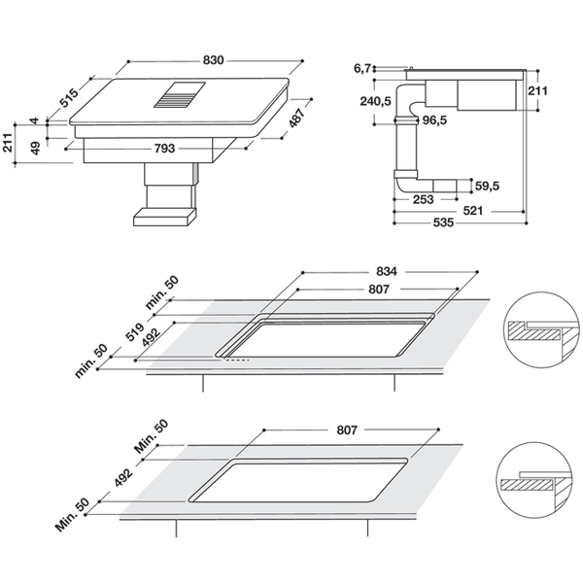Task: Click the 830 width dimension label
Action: pyautogui.click(x=213, y=60)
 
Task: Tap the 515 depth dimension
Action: pyautogui.click(x=70, y=98)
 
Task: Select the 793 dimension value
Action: pyautogui.click(x=164, y=149)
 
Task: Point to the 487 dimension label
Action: pyautogui.click(x=297, y=118)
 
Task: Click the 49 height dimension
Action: pyautogui.click(x=35, y=149)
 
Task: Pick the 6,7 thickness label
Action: pyautogui.click(x=362, y=68)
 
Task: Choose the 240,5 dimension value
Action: pyautogui.click(x=375, y=101)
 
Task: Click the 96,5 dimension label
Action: pyautogui.click(x=434, y=120)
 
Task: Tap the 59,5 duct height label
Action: pyautogui.click(x=487, y=186)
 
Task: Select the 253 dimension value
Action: pyautogui.click(x=423, y=199)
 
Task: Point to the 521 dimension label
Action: pyautogui.click(x=472, y=211)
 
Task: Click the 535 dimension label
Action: pyautogui.click(x=444, y=223)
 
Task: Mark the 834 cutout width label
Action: pyautogui.click(x=387, y=271)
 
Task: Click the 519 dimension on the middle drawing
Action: pyautogui.click(x=135, y=332)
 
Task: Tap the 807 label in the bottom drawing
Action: pyautogui.click(x=347, y=429)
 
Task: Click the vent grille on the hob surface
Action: pyautogui.click(x=180, y=95)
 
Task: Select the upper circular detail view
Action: pyautogui.click(x=541, y=329)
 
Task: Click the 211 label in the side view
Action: pyautogui.click(x=537, y=90)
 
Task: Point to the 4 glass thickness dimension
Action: pyautogui.click(x=35, y=120)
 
